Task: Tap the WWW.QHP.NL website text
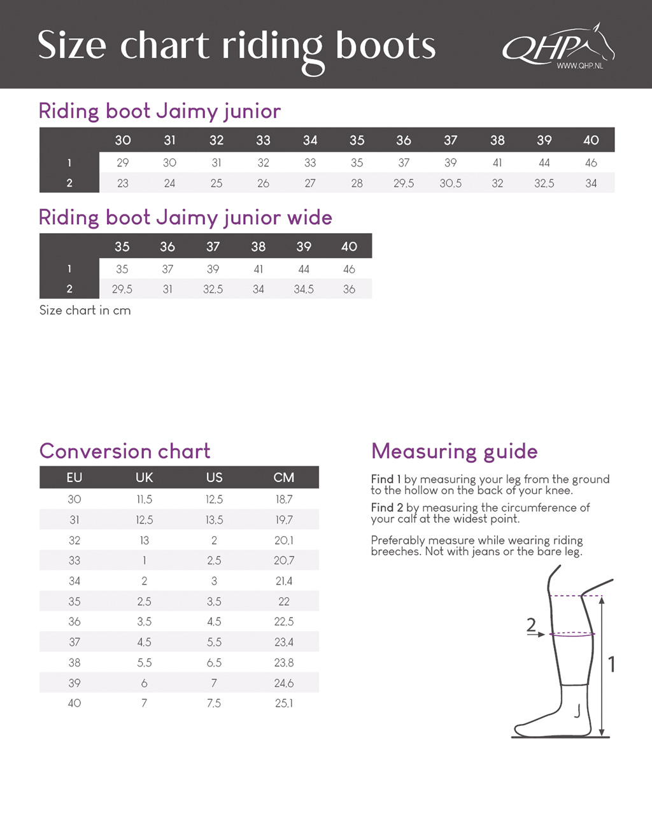[579, 66]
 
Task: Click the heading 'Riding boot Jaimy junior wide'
[185, 218]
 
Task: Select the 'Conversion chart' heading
[125, 451]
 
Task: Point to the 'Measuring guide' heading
[454, 451]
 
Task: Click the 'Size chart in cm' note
[85, 311]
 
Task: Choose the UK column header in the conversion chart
[145, 478]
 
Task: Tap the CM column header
[284, 478]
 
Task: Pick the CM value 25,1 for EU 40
[284, 704]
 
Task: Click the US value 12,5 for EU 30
[214, 500]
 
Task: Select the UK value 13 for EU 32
[145, 541]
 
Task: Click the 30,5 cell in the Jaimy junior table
[450, 183]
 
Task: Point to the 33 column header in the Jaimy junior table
[263, 140]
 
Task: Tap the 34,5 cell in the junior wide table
[304, 290]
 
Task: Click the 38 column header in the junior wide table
[259, 246]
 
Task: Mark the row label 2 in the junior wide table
[69, 289]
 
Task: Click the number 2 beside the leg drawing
[531, 625]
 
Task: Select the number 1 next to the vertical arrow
[611, 665]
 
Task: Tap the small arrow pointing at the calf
[538, 634]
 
